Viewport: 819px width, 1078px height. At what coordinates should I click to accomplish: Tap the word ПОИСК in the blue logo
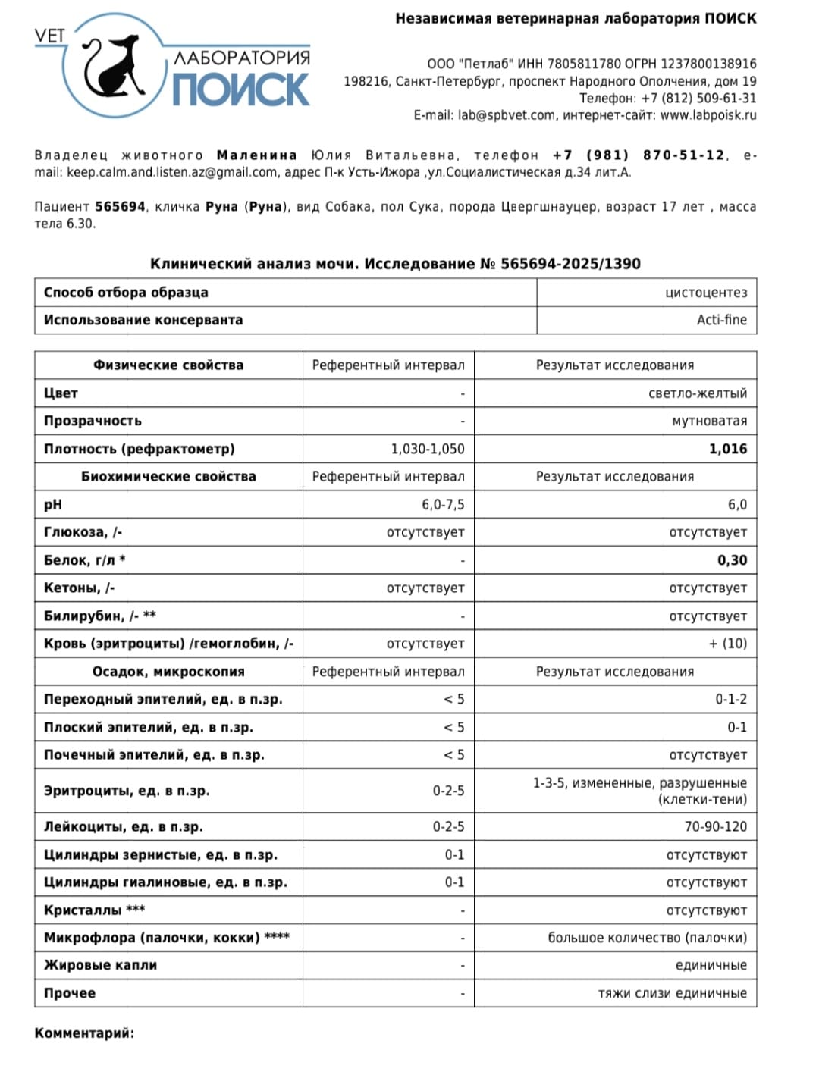point(240,89)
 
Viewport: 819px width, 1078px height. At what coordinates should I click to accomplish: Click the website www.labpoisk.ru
point(708,115)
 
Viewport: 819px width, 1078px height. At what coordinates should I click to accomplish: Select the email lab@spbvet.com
point(507,115)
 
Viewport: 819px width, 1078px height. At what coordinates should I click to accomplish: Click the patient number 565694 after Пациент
point(120,207)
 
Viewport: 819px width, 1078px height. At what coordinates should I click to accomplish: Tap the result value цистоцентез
point(705,293)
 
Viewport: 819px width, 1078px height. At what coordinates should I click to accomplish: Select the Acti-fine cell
point(721,320)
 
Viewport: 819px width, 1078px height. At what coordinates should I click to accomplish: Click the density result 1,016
point(728,449)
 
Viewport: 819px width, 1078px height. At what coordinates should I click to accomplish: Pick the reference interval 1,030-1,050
point(428,449)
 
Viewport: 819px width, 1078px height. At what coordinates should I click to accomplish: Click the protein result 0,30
point(732,560)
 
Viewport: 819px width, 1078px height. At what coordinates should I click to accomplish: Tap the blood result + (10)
point(728,644)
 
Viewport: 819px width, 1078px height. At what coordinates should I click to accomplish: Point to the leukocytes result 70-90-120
point(715,826)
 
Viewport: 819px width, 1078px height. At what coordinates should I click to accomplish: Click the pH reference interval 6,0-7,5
point(443,505)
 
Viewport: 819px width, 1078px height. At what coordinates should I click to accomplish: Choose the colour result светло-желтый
point(698,393)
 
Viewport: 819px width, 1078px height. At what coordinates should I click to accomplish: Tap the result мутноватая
point(709,421)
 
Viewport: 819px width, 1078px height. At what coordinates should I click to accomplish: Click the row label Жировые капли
point(100,965)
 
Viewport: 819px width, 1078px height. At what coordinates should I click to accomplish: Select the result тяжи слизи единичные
point(672,993)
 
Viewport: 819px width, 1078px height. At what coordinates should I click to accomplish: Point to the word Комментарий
point(84,1033)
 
